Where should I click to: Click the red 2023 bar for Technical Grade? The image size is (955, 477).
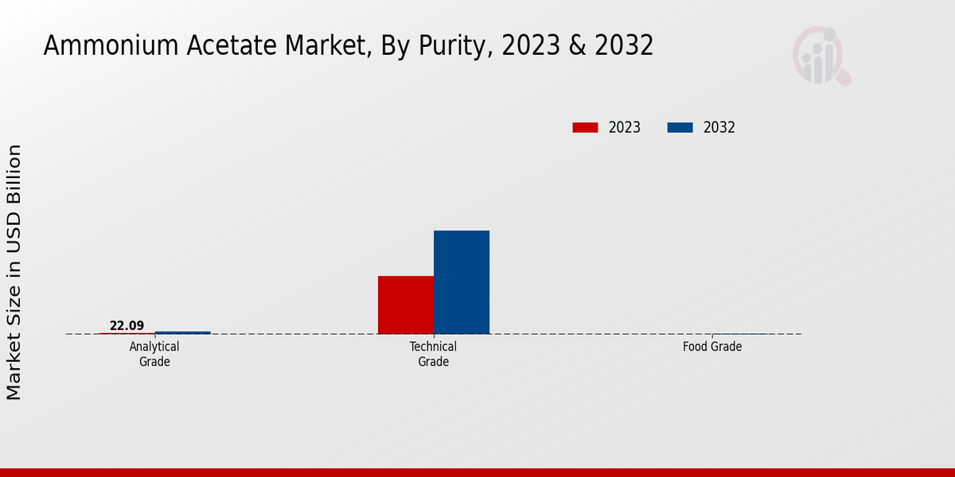[406, 304]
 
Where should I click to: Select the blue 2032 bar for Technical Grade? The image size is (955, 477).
[462, 282]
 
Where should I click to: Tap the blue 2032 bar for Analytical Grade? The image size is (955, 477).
[183, 332]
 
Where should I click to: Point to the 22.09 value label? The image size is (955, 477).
[127, 325]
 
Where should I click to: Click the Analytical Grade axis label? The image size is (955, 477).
[154, 354]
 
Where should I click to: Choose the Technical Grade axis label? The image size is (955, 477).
[433, 354]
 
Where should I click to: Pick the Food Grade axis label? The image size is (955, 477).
[711, 347]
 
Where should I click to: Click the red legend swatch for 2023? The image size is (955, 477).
[585, 127]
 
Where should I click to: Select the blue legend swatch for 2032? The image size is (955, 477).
[680, 127]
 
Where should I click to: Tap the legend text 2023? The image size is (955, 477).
[625, 127]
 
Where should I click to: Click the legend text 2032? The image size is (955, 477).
[719, 127]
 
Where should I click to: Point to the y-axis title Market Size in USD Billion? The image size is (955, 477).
[14, 272]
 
